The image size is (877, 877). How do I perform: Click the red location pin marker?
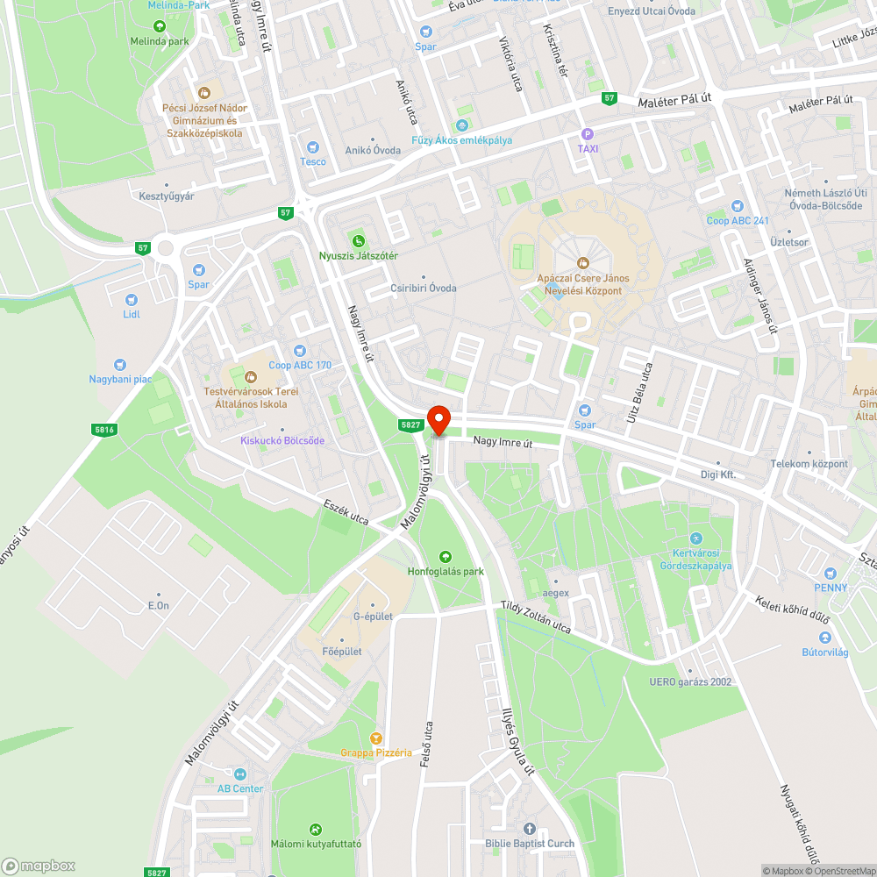[438, 419]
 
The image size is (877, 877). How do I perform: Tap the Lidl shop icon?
[132, 300]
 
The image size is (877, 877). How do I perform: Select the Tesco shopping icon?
[312, 147]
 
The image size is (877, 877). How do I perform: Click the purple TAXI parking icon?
[588, 134]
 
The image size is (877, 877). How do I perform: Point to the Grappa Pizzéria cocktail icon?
[377, 738]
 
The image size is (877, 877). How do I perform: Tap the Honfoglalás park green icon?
[446, 556]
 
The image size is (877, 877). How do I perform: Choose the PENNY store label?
[830, 587]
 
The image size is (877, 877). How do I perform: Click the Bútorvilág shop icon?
[824, 638]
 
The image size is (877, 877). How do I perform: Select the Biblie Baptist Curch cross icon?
[529, 829]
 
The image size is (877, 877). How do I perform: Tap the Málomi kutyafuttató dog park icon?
[316, 829]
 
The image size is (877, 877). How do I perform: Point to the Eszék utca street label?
[346, 513]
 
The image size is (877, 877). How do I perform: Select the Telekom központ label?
[809, 464]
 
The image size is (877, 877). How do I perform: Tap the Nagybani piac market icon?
[120, 365]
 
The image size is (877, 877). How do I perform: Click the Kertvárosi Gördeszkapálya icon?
[695, 538]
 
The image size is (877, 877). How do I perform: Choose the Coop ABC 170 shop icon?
[299, 351]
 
